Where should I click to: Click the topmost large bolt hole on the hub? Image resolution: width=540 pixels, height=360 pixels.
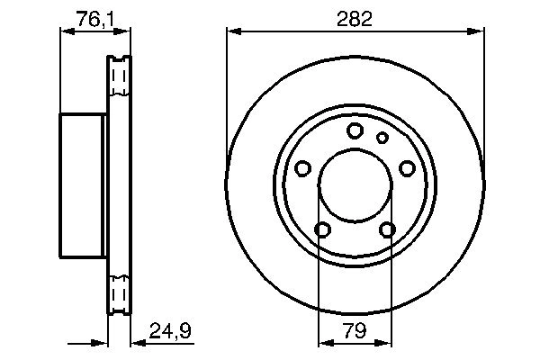(x=355, y=130)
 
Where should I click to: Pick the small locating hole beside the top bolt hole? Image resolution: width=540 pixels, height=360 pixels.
(x=382, y=138)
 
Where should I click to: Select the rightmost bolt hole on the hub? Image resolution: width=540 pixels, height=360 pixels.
(x=407, y=167)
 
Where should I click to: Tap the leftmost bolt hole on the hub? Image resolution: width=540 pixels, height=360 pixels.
(x=303, y=168)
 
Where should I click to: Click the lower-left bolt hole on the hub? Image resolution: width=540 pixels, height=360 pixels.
(x=323, y=229)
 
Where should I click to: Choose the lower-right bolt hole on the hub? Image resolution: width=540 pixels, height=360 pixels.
(x=387, y=229)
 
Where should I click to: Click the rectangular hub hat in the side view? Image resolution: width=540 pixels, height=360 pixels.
(x=84, y=186)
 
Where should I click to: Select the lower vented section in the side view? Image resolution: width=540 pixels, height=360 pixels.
(x=119, y=295)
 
